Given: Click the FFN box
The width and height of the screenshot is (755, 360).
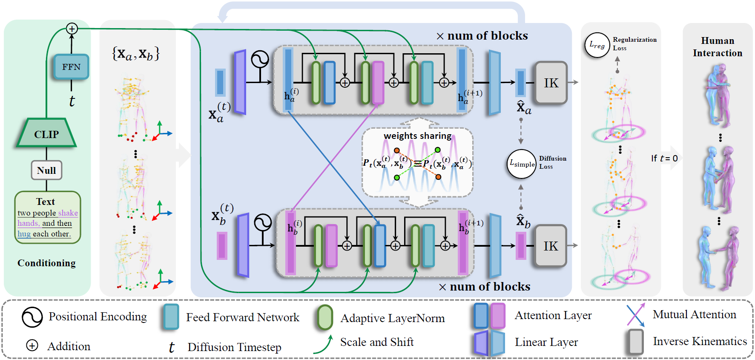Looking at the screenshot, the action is [71, 66].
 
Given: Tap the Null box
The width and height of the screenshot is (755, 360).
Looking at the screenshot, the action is [46, 170].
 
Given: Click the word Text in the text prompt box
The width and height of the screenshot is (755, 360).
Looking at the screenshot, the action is [46, 202].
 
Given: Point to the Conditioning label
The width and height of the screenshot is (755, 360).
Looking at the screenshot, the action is [46, 263].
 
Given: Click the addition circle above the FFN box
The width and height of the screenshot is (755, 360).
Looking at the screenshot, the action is [72, 29].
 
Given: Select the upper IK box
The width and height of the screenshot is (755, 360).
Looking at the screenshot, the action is [551, 83].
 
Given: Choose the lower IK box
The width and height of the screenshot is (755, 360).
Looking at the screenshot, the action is [551, 246].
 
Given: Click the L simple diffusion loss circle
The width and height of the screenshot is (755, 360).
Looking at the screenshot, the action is [522, 164].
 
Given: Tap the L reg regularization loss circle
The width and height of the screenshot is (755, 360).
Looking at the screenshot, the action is [597, 45].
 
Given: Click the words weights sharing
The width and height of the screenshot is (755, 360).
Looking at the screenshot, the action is [417, 136].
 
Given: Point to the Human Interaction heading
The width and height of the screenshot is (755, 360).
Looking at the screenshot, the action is [718, 47].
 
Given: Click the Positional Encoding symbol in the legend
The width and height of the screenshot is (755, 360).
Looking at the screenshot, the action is [32, 317].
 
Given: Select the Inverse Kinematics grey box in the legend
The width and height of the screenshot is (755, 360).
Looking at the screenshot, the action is [636, 342].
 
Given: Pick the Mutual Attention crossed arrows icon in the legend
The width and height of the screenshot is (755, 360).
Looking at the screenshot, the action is [636, 315].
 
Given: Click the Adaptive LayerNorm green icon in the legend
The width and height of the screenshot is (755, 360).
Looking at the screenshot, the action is [325, 317].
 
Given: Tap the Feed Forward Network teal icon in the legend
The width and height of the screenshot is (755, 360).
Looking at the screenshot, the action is [171, 317].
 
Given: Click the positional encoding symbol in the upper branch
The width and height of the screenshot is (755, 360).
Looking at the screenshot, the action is [260, 60].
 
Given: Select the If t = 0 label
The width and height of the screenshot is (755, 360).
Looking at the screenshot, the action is [664, 158].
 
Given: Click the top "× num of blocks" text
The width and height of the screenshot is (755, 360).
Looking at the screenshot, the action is [482, 36].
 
